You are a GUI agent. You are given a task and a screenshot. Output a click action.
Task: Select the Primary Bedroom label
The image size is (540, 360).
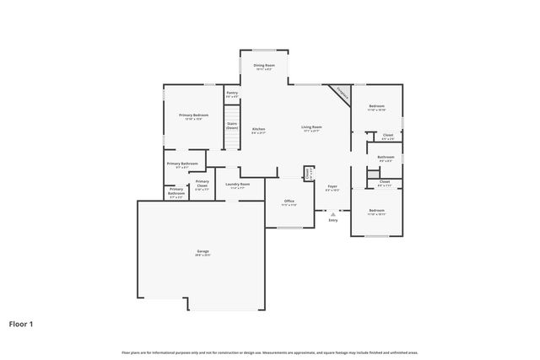pos(194,116)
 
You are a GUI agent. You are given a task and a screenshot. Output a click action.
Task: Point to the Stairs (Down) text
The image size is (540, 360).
pos(232,126)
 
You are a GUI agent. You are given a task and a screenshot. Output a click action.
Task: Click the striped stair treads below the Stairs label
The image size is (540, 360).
pos(232,141)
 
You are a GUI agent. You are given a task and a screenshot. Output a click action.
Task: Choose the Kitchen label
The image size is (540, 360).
pos(259,130)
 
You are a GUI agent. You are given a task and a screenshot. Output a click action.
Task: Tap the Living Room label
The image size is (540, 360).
pos(311,128)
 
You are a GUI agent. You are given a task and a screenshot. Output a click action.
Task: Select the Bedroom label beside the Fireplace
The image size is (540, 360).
pos(376,108)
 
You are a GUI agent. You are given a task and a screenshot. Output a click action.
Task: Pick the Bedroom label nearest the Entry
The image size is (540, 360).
pos(376,212)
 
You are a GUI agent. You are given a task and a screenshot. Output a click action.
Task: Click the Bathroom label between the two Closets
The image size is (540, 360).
pos(386,158)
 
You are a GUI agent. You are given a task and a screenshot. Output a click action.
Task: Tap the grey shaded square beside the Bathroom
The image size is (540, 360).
pos(372,174)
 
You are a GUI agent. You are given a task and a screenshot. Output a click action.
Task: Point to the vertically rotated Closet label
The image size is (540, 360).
pos(309,174)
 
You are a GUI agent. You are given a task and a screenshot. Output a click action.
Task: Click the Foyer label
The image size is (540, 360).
pos(332,187)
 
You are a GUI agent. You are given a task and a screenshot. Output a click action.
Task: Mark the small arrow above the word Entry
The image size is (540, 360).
pos(332,214)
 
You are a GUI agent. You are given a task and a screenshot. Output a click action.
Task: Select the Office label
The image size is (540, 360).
pos(288,202)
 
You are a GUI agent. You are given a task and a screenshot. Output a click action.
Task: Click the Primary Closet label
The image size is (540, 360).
pos(202,184)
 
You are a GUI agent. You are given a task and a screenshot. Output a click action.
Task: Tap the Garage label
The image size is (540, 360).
pos(203,252)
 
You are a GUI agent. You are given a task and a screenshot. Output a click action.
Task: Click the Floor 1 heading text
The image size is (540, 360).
pos(22,323)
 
